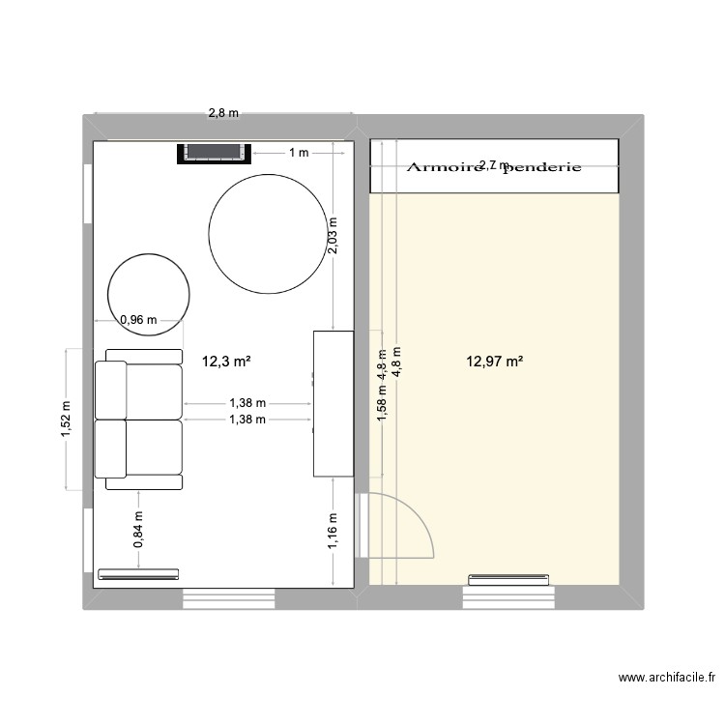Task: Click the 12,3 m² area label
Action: (x=226, y=362)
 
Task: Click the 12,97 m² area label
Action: (x=495, y=362)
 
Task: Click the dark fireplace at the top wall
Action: (x=213, y=153)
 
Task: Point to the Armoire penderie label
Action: (x=494, y=166)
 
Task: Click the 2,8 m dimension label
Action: (x=223, y=113)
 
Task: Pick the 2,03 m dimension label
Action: (x=333, y=235)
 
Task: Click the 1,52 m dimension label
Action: (x=65, y=420)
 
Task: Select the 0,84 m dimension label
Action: (x=138, y=530)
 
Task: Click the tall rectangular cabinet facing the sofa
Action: (x=332, y=403)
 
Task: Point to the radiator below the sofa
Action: (x=138, y=573)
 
